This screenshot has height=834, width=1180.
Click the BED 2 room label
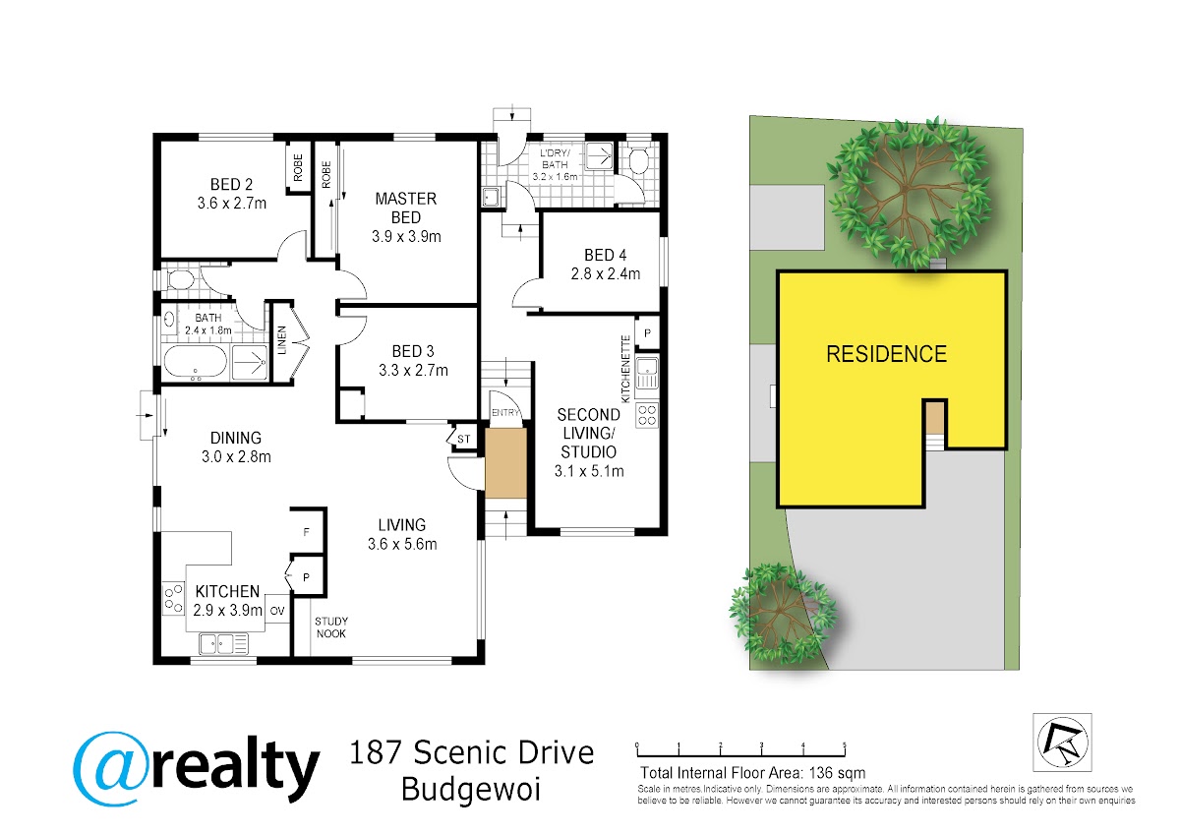231,184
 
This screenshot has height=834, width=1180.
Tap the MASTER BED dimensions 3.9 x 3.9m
406,237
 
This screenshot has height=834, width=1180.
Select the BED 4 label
606,255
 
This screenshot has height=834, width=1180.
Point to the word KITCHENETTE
625,369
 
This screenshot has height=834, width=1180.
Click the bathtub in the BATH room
196,362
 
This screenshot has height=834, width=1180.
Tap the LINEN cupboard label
282,340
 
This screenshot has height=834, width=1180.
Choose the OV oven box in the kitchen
277,610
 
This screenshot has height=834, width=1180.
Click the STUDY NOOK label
330,627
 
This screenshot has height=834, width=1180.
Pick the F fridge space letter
306,532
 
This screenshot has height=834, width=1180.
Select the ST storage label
463,439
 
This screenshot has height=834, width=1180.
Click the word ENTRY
505,413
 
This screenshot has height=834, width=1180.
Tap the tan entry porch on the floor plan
505,462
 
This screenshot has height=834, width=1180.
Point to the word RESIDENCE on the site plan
887,354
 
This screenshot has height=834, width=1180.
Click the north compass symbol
1063,743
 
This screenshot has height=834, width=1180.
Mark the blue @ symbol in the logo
109,769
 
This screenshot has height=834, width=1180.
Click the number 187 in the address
376,752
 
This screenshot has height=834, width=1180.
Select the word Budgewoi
470,790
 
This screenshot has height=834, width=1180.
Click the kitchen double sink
224,643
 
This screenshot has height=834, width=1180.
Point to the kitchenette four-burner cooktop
647,415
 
